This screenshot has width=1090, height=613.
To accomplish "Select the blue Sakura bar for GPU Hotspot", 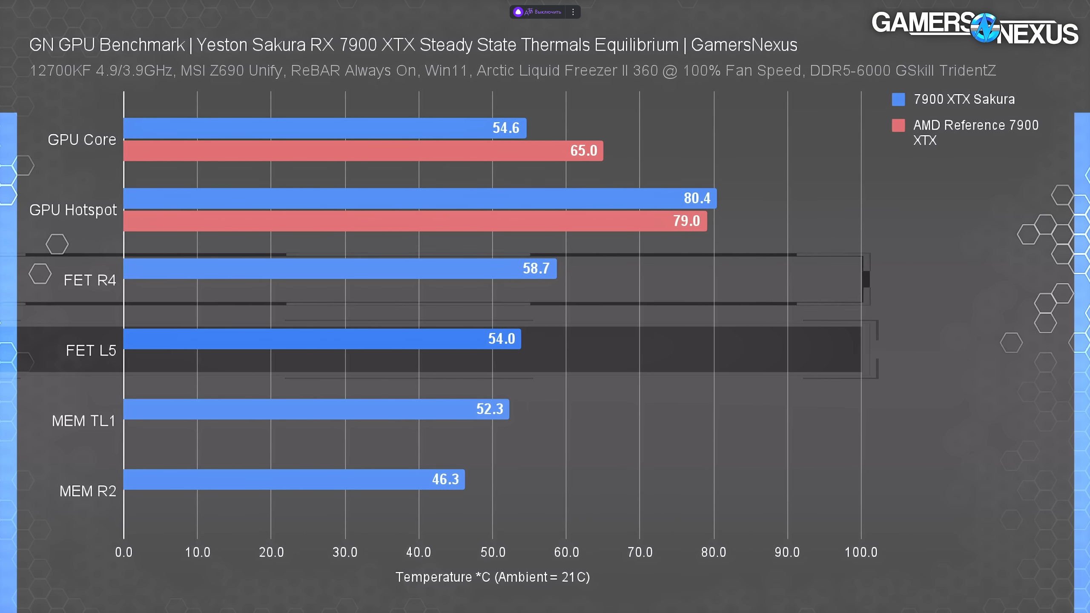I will (x=419, y=198).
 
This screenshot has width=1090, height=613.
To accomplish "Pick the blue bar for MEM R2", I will (x=294, y=479).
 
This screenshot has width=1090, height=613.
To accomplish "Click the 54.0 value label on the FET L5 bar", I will (x=502, y=339).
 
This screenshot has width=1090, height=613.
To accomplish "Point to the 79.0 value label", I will (x=686, y=221).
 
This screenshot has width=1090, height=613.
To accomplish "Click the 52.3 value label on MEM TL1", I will (x=490, y=409).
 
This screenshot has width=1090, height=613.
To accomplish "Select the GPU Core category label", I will (x=82, y=140).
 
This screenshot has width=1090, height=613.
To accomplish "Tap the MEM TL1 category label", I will (x=83, y=421).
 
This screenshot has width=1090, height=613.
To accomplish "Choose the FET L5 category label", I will (x=91, y=351).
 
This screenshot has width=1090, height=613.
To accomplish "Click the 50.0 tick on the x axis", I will (x=493, y=552).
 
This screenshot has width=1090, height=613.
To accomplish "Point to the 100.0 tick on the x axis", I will (x=861, y=552).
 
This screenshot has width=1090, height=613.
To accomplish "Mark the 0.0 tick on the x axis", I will (x=124, y=552).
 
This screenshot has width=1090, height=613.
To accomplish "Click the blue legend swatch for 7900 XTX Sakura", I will (x=898, y=99).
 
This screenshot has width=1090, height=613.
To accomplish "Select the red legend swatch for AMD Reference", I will (x=898, y=125).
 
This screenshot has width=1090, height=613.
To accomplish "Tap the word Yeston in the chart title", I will (x=221, y=45).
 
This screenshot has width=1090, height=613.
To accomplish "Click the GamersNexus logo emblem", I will (x=984, y=28).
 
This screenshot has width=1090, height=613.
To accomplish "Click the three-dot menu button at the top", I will (x=573, y=12).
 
